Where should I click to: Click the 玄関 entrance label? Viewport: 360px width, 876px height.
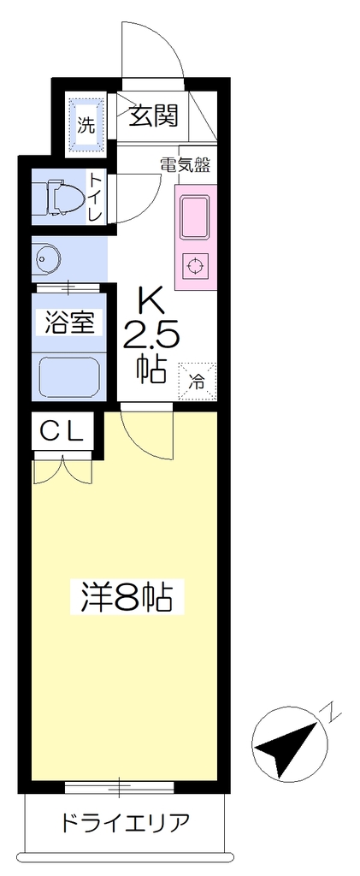pos(154,115)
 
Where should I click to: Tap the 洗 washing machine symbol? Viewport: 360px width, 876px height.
pos(86,123)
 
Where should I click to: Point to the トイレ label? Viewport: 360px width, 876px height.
pos(96,197)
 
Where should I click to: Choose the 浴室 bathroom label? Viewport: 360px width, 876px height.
pos(68,323)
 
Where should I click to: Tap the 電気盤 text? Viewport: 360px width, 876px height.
pos(186,165)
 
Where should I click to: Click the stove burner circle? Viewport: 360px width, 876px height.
pos(194,266)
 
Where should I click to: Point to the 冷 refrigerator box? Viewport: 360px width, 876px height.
pos(197,382)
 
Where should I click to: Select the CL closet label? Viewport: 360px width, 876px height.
pos(62,431)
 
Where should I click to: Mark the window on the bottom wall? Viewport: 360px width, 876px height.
pos(120,787)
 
